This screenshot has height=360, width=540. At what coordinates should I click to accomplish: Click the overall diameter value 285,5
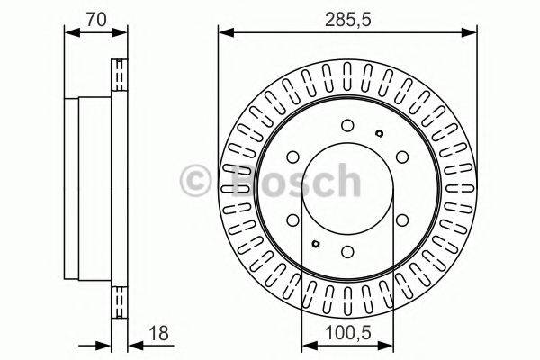tap(347, 15)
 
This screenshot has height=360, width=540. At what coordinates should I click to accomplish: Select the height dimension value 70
tap(94, 15)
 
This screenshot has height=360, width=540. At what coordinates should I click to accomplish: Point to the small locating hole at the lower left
tap(314, 244)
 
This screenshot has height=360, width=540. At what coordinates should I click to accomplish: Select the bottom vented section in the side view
tap(118, 302)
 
